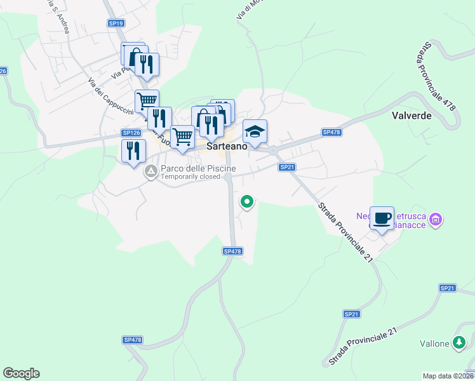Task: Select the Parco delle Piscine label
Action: click(198, 168)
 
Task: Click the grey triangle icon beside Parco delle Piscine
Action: click(151, 171)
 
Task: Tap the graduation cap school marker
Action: click(255, 131)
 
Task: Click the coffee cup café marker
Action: click(382, 218)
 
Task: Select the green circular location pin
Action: click(246, 202)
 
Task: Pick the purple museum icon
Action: click(436, 220)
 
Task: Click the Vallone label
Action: click(435, 344)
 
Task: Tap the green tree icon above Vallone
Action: click(458, 343)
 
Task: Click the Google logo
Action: click(21, 373)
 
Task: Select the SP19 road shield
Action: click(116, 23)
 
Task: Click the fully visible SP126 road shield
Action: click(130, 133)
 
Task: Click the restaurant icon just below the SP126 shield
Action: click(133, 150)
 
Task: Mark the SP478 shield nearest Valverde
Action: click(331, 132)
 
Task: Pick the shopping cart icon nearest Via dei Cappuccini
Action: click(147, 100)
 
